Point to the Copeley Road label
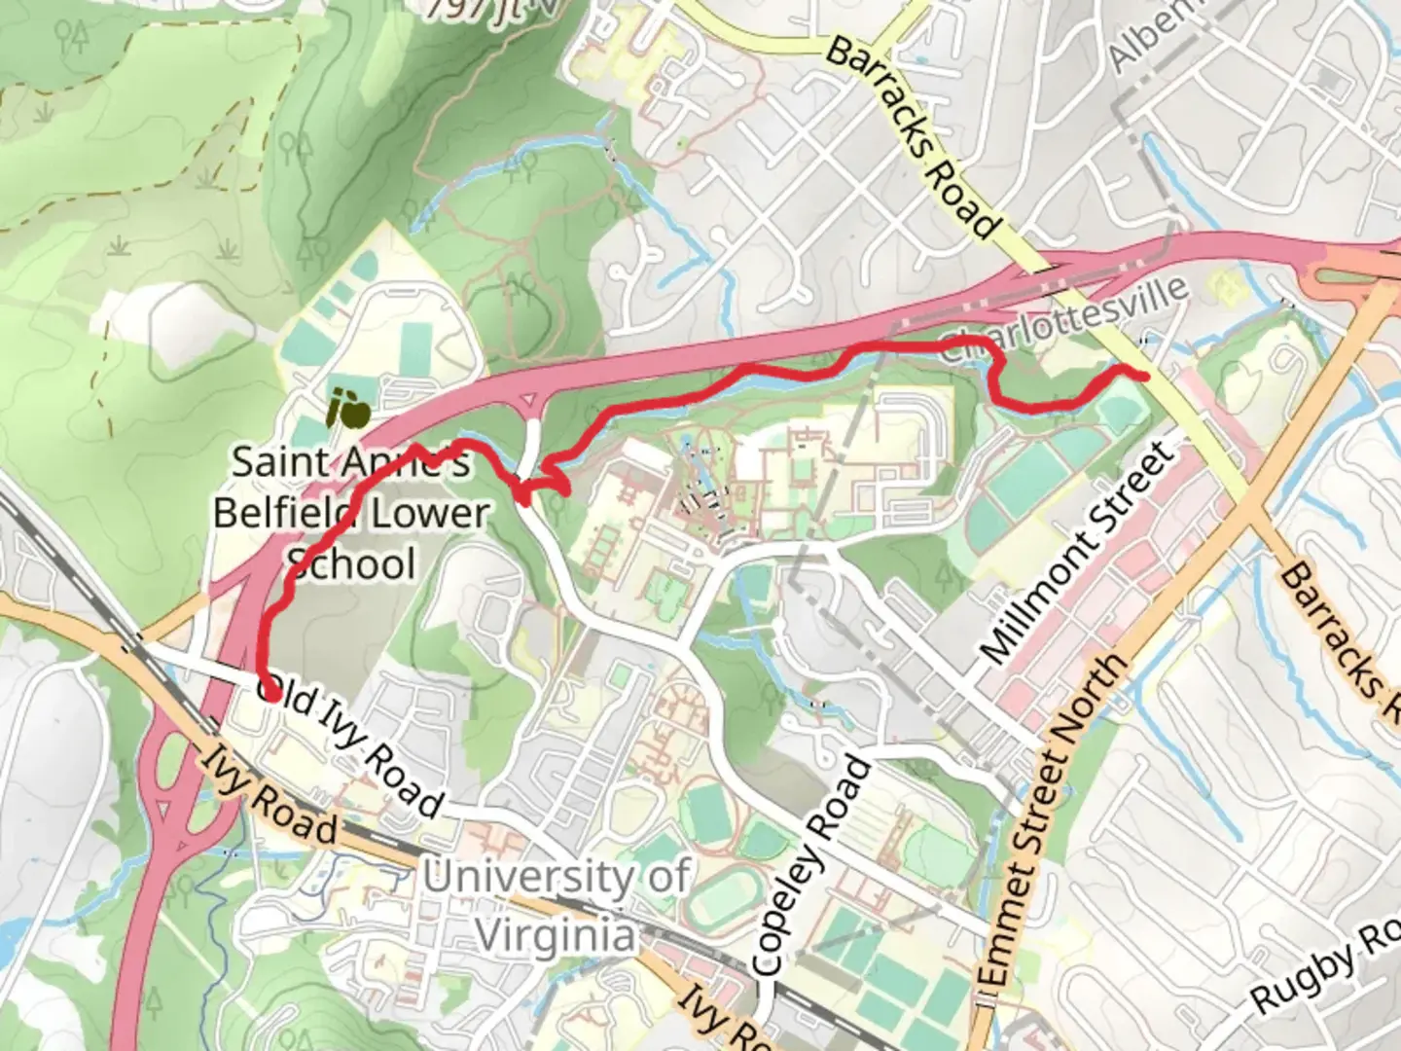tap(809, 866)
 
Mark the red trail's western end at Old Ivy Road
tap(270, 693)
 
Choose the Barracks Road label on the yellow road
tap(913, 137)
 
